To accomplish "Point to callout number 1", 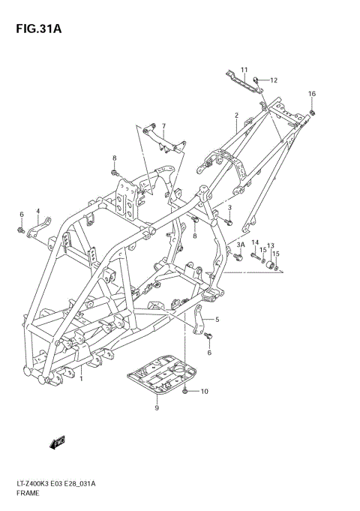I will pyautogui.click(x=81, y=379).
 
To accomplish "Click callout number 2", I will pyautogui.click(x=235, y=116).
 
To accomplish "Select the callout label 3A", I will pyautogui.click(x=241, y=245).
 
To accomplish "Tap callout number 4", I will pyautogui.click(x=37, y=212).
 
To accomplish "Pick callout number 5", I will pyautogui.click(x=217, y=320).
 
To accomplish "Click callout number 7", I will pyautogui.click(x=163, y=125).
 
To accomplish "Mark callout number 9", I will pyautogui.click(x=157, y=408).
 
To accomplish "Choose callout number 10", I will pyautogui.click(x=205, y=392).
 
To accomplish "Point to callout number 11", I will pyautogui.click(x=244, y=70).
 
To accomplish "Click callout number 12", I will pyautogui.click(x=274, y=80).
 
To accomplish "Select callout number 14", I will pyautogui.click(x=255, y=242).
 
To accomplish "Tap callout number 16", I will pyautogui.click(x=312, y=93).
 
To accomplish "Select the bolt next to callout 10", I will pyautogui.click(x=186, y=391).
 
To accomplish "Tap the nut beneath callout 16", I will pyautogui.click(x=312, y=113).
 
